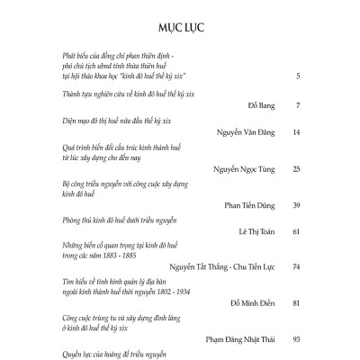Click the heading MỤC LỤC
179,26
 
